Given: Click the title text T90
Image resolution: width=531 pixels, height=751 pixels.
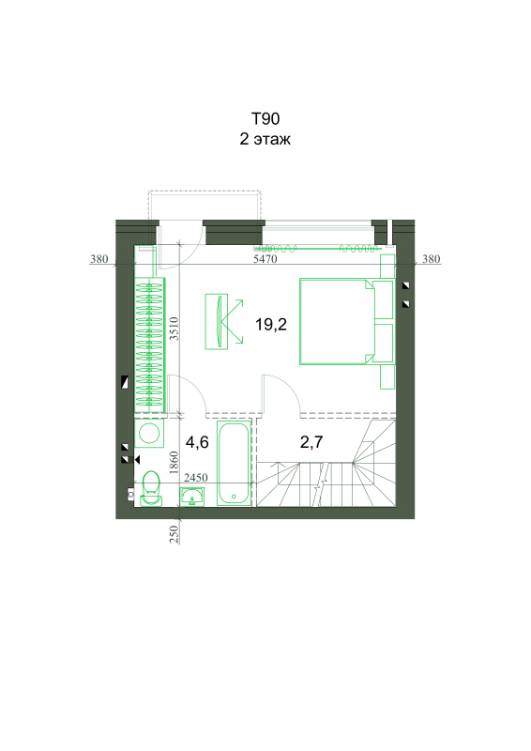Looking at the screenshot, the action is [x=265, y=119].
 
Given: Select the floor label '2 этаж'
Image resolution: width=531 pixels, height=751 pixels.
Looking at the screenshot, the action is [x=265, y=139].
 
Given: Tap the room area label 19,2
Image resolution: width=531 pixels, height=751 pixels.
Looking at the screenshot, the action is [x=271, y=325].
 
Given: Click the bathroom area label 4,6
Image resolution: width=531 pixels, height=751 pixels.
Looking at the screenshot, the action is [x=197, y=442].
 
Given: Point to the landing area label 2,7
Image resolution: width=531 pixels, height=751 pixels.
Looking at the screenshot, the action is [x=311, y=442].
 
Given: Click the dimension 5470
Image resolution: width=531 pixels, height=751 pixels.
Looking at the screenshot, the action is [x=265, y=259].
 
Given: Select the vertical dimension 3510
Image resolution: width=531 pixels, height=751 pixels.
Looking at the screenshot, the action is [x=174, y=329].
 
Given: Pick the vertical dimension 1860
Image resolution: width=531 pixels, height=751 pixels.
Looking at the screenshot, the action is [x=174, y=463].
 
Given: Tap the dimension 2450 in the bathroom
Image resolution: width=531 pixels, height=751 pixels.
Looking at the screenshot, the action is [x=196, y=478].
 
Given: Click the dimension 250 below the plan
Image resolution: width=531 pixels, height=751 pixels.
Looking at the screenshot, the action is [x=174, y=534].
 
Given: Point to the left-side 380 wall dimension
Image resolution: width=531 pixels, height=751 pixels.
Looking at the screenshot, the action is [x=99, y=259].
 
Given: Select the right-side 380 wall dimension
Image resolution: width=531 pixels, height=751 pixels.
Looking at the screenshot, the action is [x=431, y=259].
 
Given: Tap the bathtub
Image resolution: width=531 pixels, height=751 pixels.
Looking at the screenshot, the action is [x=235, y=463].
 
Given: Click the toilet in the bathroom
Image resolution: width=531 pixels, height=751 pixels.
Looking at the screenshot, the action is [x=152, y=487].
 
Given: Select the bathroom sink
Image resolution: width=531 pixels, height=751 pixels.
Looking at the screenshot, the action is [x=192, y=497].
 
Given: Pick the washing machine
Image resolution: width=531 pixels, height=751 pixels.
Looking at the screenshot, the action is [x=149, y=434].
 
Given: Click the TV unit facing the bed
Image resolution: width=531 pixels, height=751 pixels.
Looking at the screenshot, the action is [x=217, y=321].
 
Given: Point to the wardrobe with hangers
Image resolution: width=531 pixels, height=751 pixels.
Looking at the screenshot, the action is [x=149, y=345].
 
